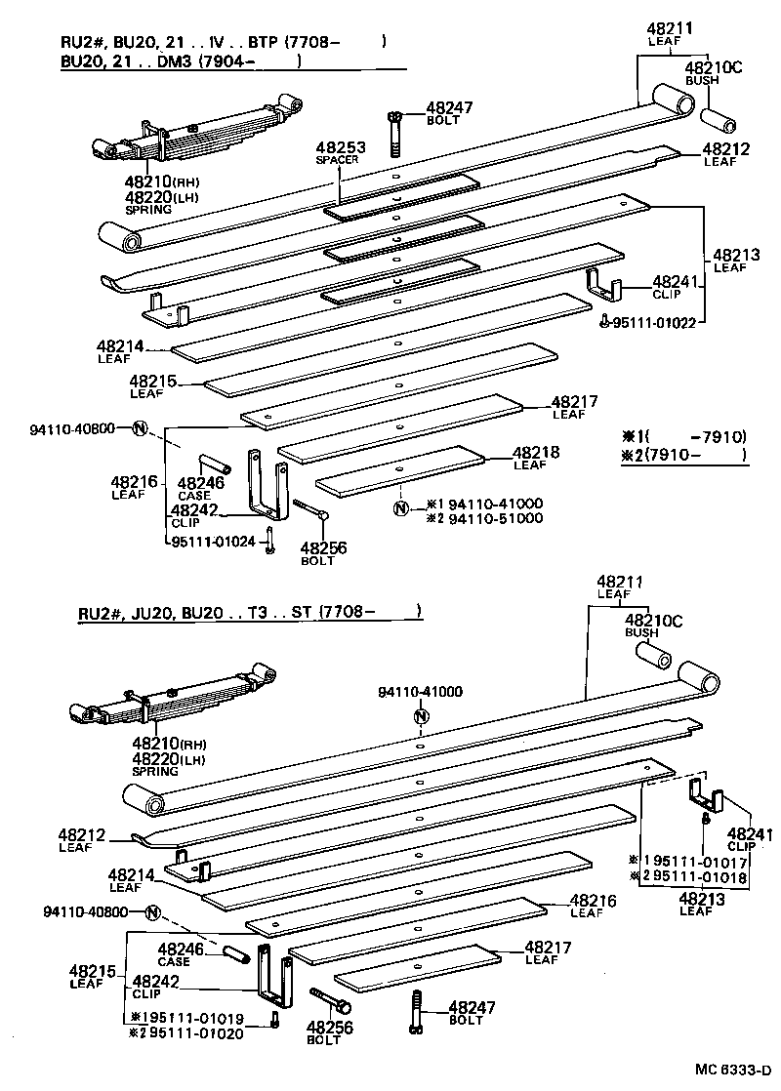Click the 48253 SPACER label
tap(340, 152)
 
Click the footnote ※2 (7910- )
tap(683, 455)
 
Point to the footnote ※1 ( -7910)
tap(683, 437)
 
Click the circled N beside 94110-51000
tap(400, 509)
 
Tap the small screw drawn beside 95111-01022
tap(607, 322)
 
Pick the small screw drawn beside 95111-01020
tap(276, 1021)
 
